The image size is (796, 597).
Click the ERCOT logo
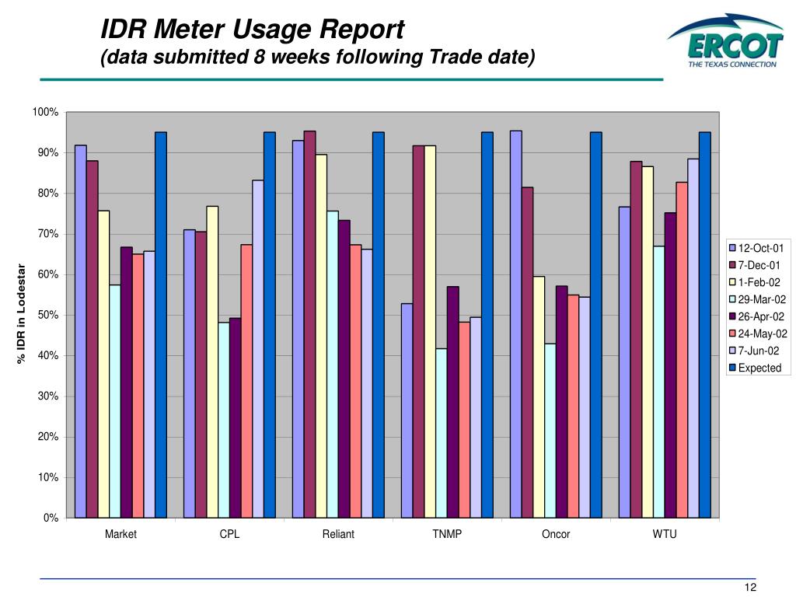pyautogui.click(x=724, y=42)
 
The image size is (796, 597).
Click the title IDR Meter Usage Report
pyautogui.click(x=253, y=30)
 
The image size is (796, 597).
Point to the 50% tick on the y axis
pyautogui.click(x=48, y=315)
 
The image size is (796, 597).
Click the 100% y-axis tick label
pyautogui.click(x=45, y=113)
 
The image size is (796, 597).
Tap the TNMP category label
pyautogui.click(x=447, y=534)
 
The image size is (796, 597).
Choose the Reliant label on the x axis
pyautogui.click(x=338, y=534)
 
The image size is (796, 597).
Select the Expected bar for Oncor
pyautogui.click(x=595, y=325)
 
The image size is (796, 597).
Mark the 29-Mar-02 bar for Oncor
pyautogui.click(x=550, y=430)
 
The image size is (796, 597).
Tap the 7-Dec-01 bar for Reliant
pyautogui.click(x=309, y=324)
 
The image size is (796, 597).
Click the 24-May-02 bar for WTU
pyautogui.click(x=682, y=350)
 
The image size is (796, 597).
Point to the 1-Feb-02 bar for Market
pyautogui.click(x=103, y=364)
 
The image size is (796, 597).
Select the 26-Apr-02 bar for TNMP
pyautogui.click(x=452, y=402)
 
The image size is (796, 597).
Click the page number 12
pyautogui.click(x=750, y=587)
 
